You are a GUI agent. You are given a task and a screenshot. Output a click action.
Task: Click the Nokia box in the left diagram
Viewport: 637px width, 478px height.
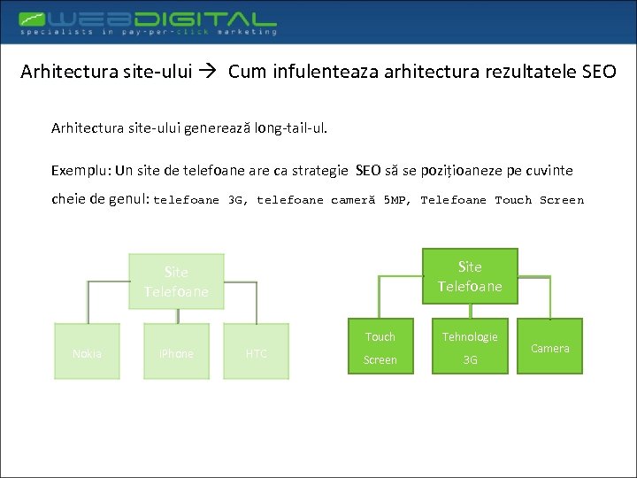[87, 353]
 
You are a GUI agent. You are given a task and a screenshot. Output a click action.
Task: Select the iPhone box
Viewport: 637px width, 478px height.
[175, 353]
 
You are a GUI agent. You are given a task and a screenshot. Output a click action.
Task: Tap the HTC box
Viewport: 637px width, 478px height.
[256, 353]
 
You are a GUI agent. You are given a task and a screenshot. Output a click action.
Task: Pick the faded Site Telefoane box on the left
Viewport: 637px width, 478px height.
[176, 281]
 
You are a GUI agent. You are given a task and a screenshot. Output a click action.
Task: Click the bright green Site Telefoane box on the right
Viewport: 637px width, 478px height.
[470, 276]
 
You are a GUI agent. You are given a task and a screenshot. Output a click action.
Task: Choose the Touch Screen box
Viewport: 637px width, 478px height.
[380, 347]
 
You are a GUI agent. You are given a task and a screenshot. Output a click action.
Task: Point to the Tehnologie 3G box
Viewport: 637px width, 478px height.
[470, 347]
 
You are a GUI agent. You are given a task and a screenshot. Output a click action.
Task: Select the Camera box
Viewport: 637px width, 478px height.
[549, 348]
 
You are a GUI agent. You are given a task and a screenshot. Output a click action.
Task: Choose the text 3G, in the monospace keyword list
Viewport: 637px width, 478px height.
[238, 200]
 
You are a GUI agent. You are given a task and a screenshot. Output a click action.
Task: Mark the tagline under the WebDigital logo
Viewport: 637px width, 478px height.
[149, 32]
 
